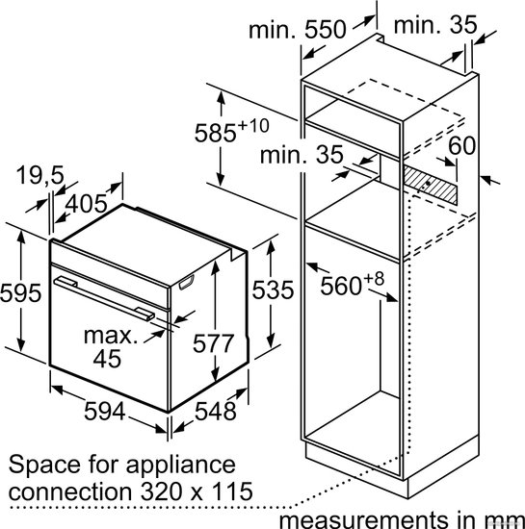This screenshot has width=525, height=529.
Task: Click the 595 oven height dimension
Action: [20, 292]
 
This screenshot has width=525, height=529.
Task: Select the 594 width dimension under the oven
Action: [104, 411]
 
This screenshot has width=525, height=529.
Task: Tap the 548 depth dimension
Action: [216, 412]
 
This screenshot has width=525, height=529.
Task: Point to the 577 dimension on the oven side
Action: [213, 343]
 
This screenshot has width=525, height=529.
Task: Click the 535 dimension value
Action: [273, 290]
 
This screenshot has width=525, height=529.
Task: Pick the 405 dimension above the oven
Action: [86, 204]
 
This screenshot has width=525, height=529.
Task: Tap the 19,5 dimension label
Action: [39, 175]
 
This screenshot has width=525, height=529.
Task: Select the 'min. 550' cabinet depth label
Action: [298, 30]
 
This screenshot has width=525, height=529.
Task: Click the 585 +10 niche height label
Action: [232, 130]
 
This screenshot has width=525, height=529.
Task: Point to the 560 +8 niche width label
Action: [352, 284]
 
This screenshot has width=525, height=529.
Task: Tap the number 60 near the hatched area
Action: [461, 145]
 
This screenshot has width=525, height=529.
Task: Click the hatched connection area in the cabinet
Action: [431, 185]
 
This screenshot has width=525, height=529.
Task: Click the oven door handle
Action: [104, 297]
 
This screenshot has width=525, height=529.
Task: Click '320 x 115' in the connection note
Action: [197, 491]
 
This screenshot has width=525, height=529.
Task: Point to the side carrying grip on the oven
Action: [187, 282]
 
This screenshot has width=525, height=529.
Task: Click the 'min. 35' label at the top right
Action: [435, 25]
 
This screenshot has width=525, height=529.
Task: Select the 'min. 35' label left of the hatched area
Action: [302, 155]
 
